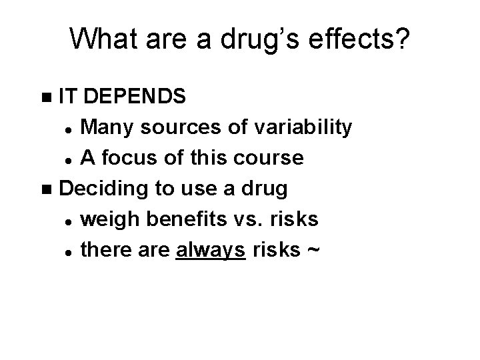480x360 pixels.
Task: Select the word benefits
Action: [x=183, y=219]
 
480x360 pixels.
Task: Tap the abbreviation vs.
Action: [x=252, y=219]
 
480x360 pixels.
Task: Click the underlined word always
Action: [x=211, y=250]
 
